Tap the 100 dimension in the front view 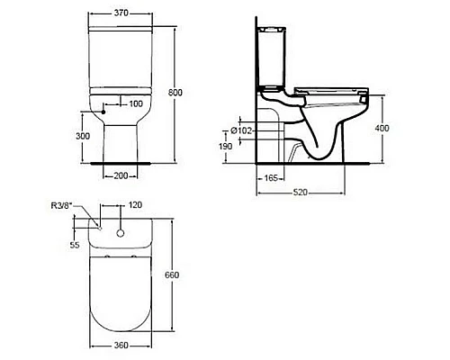coord(136,104)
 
